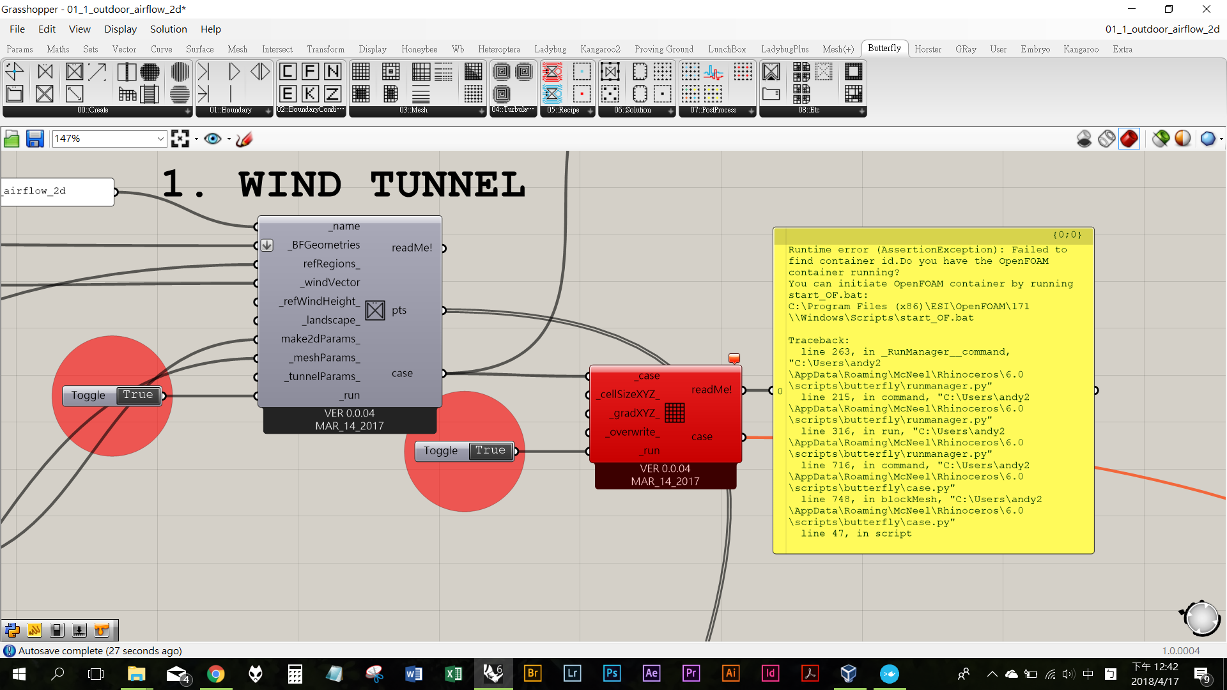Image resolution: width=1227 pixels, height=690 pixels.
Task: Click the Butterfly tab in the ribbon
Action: (x=884, y=49)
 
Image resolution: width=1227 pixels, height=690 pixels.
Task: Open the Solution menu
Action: (x=168, y=29)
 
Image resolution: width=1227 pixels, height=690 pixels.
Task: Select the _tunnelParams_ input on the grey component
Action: (x=322, y=376)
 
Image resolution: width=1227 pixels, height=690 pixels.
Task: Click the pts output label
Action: (x=399, y=310)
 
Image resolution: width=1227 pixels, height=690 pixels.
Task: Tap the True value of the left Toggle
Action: (x=138, y=395)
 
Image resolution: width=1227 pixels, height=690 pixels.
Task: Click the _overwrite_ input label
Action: (x=633, y=432)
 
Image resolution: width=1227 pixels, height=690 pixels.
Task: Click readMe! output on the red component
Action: (x=711, y=390)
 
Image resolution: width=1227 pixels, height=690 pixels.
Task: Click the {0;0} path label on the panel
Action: (x=1067, y=235)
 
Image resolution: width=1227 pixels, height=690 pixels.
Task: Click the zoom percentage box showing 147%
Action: (x=105, y=139)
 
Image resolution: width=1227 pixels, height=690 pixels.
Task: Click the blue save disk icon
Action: (x=35, y=139)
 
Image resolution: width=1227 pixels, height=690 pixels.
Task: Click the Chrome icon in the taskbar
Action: (x=216, y=673)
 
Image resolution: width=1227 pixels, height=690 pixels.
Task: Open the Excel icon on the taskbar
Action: (x=453, y=673)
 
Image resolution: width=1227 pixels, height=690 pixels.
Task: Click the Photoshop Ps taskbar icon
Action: (x=612, y=673)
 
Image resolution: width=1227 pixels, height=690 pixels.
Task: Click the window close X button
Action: (x=1206, y=9)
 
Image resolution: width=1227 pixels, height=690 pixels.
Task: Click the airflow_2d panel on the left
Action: (x=58, y=192)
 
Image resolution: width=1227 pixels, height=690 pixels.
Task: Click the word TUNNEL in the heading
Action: (x=447, y=185)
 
